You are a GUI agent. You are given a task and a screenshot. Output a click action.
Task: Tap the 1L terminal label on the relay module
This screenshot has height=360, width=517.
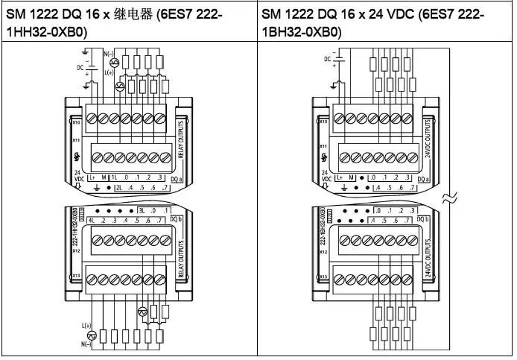click(116, 178)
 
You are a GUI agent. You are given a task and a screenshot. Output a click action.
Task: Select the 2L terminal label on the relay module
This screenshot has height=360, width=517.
click(118, 189)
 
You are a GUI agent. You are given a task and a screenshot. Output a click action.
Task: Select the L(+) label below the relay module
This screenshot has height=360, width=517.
click(86, 326)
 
